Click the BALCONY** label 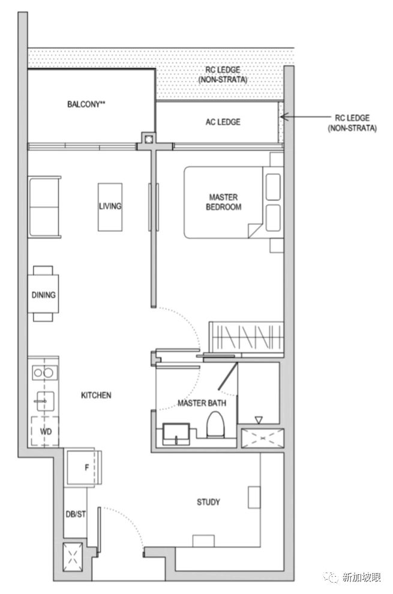point(86,104)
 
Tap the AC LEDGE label point(223,122)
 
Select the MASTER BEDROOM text point(224,202)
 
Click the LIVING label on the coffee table point(110,206)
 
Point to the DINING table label point(43,295)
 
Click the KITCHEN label point(96,395)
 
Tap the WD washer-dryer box point(45,431)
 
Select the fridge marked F point(83,467)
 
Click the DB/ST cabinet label point(76,514)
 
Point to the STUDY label point(208,502)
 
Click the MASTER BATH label point(202,403)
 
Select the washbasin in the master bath point(176,434)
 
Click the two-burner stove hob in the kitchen point(44,373)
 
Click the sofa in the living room point(44,207)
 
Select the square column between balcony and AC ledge point(149,138)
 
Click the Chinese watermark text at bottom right point(362,577)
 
